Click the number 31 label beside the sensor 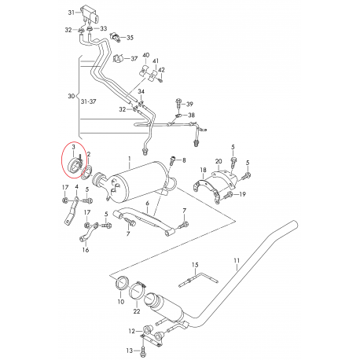(72, 13)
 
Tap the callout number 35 (130, 38)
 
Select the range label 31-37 (88, 101)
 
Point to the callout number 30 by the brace (72, 96)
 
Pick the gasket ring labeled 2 (87, 174)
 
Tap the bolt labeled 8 (173, 160)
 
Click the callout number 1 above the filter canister (129, 159)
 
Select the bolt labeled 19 (228, 195)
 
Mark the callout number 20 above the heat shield (219, 162)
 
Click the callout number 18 (204, 171)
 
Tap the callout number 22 (137, 311)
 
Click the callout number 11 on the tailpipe (237, 261)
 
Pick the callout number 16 (86, 250)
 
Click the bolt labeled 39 (178, 103)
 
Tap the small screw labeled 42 (161, 79)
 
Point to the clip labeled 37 (118, 58)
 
